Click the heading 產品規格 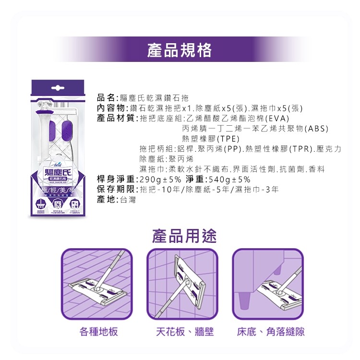[x=180, y=49]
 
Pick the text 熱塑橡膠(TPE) [x=211, y=139]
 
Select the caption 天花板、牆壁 [x=184, y=332]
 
